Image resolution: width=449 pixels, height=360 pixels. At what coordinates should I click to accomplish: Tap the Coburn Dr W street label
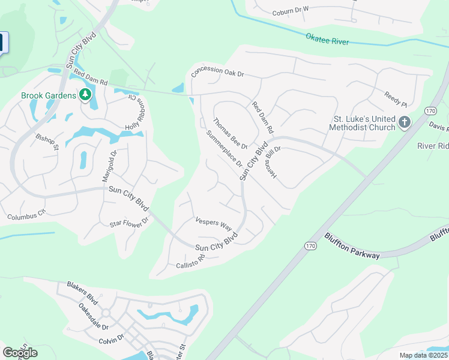[290, 9]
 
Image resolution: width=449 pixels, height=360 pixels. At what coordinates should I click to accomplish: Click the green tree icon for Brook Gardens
[85, 94]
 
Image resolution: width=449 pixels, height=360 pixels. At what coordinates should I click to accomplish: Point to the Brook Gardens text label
[49, 95]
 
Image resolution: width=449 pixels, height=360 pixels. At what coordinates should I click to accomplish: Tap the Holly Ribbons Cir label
[134, 112]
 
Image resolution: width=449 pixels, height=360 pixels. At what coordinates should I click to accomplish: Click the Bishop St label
[47, 142]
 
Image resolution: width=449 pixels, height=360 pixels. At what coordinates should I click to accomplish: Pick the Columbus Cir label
[26, 213]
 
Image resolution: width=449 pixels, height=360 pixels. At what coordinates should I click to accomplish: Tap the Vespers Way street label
[214, 223]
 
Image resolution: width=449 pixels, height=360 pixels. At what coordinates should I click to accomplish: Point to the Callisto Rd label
[190, 262]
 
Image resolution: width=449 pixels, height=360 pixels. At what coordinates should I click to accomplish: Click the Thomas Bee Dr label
[230, 134]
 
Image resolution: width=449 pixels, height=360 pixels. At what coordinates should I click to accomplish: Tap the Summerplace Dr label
[223, 148]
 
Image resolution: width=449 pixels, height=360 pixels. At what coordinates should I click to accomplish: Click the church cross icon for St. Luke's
[404, 122]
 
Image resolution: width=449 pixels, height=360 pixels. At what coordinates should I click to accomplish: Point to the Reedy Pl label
[396, 99]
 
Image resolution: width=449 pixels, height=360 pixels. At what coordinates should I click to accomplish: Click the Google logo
[20, 353]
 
